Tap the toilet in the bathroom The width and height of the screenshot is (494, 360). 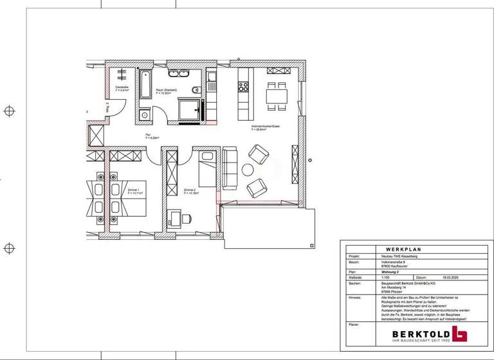[196, 89]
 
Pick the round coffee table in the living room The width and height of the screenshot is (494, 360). [248, 170]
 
